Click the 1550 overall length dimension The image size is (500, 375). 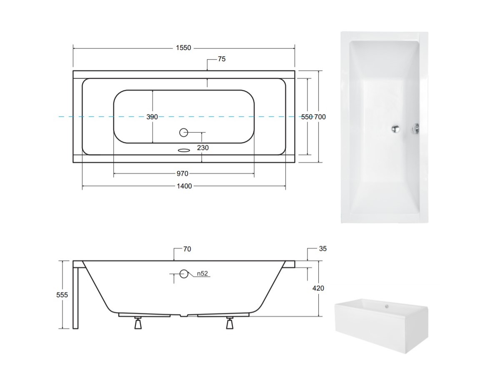183,48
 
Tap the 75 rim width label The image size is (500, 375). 222,59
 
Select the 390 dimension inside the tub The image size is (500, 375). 152,117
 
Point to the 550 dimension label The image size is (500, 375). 307,117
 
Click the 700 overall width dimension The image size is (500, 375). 320,117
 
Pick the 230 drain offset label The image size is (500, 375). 203,148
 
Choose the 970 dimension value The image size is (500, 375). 182,173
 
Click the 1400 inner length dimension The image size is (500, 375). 184,186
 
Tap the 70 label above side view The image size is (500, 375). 187,249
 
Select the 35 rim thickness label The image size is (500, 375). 323,249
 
